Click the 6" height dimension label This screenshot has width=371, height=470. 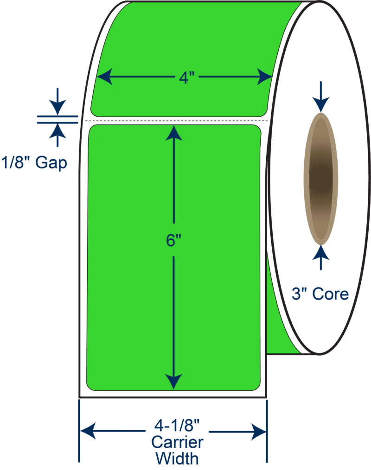tap(173, 241)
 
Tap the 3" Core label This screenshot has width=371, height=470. tap(320, 294)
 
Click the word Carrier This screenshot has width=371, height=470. tap(177, 443)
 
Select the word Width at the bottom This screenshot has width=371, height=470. tap(177, 458)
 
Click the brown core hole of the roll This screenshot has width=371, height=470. tap(320, 178)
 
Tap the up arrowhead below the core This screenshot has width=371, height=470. tap(320, 252)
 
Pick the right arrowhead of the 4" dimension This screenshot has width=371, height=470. tap(265, 76)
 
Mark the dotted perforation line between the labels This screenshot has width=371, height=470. tap(176, 121)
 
